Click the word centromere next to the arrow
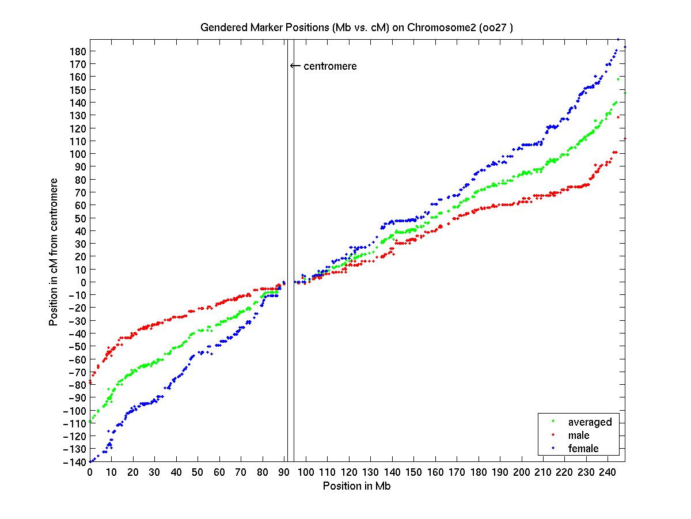click(330, 66)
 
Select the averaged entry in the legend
click(590, 422)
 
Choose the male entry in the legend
click(579, 435)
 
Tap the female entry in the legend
click(583, 448)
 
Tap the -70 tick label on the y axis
click(77, 372)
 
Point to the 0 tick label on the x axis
click(90, 472)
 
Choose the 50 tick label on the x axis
click(198, 472)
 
